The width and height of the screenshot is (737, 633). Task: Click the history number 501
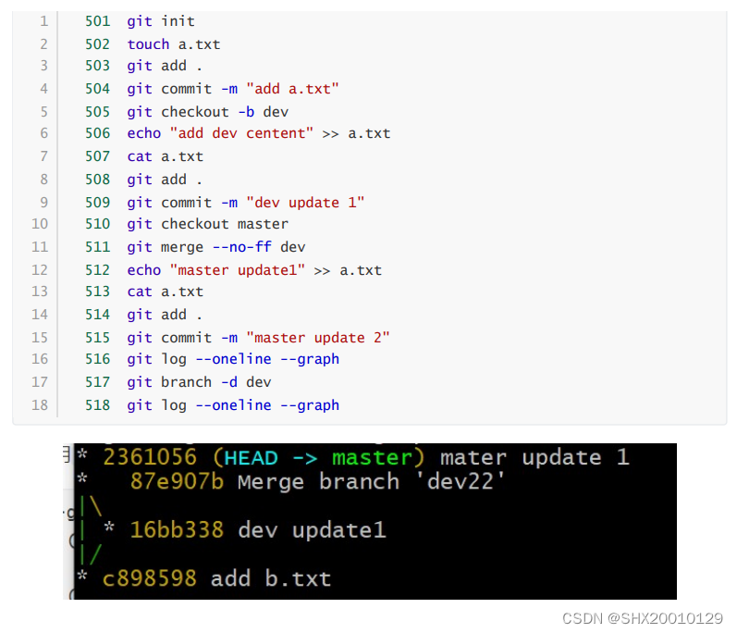(97, 21)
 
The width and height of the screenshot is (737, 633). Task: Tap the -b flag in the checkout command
(246, 112)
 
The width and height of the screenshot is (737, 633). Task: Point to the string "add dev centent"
(241, 133)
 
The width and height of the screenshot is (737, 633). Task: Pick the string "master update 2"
(318, 338)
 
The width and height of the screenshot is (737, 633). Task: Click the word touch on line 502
(148, 43)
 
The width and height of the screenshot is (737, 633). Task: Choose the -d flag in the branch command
(228, 381)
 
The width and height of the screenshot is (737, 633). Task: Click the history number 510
(97, 224)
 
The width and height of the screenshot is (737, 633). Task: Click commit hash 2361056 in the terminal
(150, 458)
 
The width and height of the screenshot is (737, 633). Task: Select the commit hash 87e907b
(177, 482)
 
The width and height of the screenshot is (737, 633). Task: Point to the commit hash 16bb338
(177, 530)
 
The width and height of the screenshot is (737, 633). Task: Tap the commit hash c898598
(150, 579)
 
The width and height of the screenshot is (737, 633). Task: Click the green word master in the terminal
(372, 458)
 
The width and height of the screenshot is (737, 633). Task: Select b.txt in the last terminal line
(298, 579)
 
